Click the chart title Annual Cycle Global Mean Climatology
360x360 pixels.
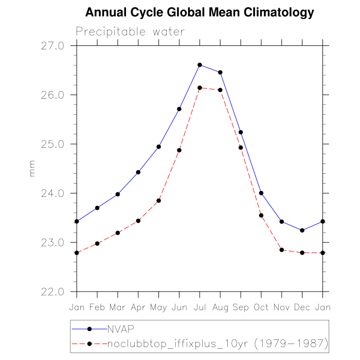pyautogui.click(x=199, y=12)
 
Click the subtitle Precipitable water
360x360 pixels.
pyautogui.click(x=130, y=31)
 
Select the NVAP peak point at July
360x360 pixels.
pyautogui.click(x=200, y=65)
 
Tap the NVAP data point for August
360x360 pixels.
pyautogui.click(x=220, y=73)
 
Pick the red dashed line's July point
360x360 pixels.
pyautogui.click(x=200, y=88)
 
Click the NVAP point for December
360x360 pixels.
pyautogui.click(x=302, y=230)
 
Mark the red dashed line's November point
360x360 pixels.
pyautogui.click(x=281, y=250)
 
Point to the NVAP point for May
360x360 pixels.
pyautogui.click(x=158, y=147)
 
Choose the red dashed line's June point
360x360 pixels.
pyautogui.click(x=179, y=150)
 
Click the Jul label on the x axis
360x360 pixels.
pyautogui.click(x=200, y=307)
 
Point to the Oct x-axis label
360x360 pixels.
pyautogui.click(x=261, y=307)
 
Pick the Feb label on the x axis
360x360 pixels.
pyautogui.click(x=97, y=307)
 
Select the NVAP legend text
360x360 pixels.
pyautogui.click(x=120, y=329)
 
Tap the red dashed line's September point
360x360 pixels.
pyautogui.click(x=241, y=148)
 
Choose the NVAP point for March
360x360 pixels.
pyautogui.click(x=118, y=194)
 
